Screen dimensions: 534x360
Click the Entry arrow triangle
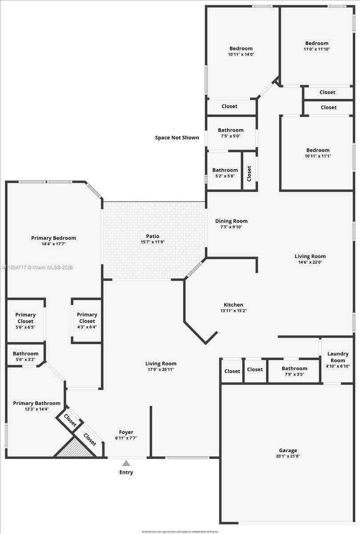126,463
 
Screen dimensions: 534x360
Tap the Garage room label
288,450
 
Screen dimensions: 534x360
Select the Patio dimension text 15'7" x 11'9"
153,242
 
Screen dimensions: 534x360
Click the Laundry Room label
338,357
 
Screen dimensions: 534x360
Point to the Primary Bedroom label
53,238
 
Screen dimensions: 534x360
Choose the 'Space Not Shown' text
177,138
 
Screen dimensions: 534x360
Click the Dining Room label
231,221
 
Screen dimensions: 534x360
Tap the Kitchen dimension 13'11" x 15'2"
234,311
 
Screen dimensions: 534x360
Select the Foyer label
126,432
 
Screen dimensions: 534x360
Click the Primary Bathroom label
36,403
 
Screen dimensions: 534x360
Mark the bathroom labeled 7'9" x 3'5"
294,371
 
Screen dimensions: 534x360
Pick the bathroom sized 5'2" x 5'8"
225,173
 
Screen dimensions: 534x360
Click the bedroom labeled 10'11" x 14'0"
241,51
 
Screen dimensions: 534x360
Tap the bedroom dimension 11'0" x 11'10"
316,49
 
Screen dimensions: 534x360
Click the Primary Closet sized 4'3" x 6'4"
87,320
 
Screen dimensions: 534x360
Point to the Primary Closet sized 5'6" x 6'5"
25,321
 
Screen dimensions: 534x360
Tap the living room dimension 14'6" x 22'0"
310,262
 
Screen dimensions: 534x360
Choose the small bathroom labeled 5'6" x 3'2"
25,356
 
